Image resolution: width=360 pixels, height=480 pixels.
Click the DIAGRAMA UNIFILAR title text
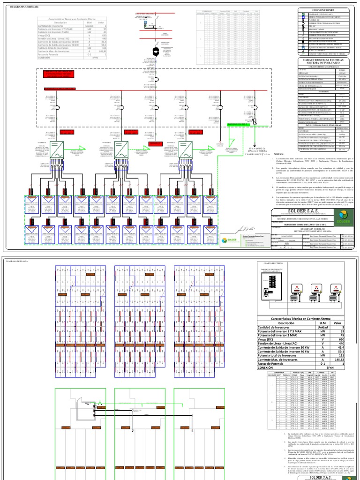click(21, 7)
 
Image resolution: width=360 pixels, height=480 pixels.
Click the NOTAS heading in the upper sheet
click(279, 153)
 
